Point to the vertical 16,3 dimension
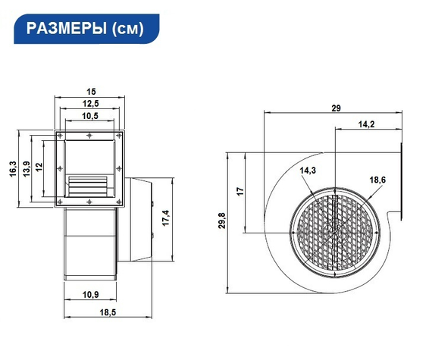click(12, 169)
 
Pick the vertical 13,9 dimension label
click(26, 169)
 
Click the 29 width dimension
click(335, 108)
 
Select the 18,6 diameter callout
click(377, 180)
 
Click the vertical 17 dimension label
click(239, 192)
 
